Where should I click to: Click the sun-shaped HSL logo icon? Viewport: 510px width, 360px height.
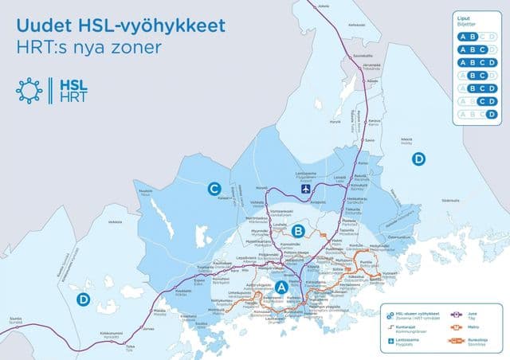pos(30,90)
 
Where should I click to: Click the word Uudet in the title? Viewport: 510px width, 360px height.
pos(42,25)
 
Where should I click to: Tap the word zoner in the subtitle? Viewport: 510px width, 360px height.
pos(136,48)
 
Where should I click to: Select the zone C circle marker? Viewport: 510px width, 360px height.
pos(214,189)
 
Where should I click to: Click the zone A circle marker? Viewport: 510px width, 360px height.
pos(281,287)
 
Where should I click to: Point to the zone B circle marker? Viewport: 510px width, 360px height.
pos(299,232)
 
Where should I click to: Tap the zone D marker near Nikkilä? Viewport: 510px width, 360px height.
pos(419,158)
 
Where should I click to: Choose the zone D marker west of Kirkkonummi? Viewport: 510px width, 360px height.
pos(83,299)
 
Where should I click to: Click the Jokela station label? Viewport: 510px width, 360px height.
pos(324,6)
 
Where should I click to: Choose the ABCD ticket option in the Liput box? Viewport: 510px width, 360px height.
pos(478,62)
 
